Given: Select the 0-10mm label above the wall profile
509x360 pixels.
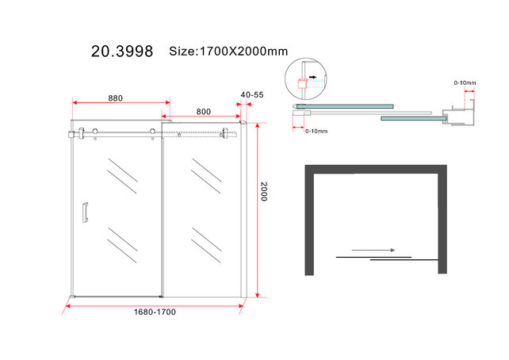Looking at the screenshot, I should pyautogui.click(x=465, y=83).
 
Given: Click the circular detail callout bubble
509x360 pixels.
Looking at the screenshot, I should pyautogui.click(x=303, y=77).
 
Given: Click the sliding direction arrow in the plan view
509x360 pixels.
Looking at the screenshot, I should pyautogui.click(x=373, y=251).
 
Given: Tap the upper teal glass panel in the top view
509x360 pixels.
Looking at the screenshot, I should pyautogui.click(x=349, y=104).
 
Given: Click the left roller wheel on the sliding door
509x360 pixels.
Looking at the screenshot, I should pyautogui.click(x=95, y=132).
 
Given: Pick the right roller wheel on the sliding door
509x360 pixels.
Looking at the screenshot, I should pyautogui.click(x=151, y=132).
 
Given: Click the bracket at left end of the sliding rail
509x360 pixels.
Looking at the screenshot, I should pyautogui.click(x=75, y=133).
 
